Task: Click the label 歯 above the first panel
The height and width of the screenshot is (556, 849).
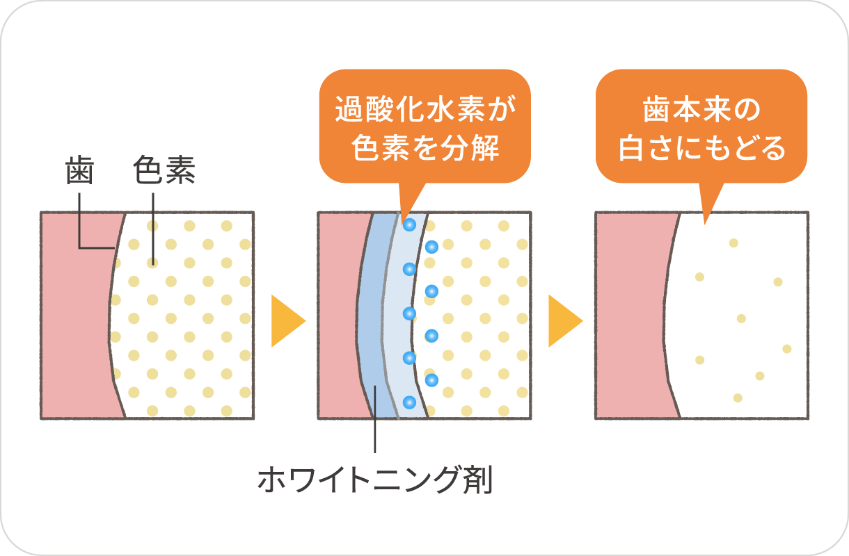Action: [79, 171]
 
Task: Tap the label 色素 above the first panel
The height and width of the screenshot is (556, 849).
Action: [164, 171]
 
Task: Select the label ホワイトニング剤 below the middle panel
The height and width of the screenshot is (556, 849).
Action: [375, 480]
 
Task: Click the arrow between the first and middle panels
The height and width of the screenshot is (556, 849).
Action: [287, 321]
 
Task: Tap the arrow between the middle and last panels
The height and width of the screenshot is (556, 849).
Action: [564, 321]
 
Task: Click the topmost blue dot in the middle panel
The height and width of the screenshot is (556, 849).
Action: [409, 224]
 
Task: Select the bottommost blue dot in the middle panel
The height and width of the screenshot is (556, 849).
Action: [409, 402]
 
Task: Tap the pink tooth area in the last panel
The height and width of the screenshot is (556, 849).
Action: [630, 313]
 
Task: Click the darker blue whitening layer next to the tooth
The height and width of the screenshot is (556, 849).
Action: [373, 313]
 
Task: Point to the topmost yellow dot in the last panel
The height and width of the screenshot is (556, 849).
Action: [733, 243]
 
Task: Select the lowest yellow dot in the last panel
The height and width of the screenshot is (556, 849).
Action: [738, 398]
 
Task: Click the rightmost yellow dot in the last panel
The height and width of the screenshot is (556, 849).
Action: [787, 348]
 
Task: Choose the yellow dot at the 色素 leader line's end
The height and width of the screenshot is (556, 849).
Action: [152, 263]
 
